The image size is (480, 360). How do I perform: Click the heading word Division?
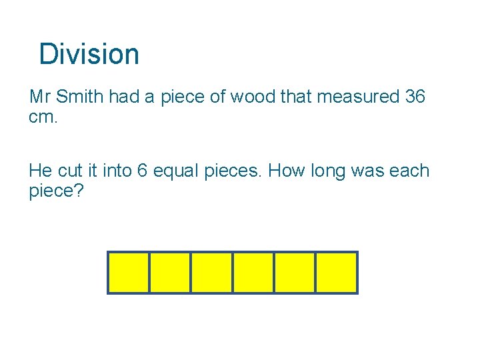coord(89,54)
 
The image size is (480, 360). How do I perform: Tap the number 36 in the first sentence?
coord(415,97)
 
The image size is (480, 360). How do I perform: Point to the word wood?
coord(253,97)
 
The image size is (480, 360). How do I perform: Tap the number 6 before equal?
coord(142,171)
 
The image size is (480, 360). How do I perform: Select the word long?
coord(331,171)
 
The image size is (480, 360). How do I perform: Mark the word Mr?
coord(40,97)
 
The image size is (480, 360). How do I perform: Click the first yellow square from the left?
coord(129,273)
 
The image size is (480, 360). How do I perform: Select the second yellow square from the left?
coord(170,273)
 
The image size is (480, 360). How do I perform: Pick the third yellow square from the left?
coord(212,273)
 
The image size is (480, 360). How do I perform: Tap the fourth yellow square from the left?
coord(253,273)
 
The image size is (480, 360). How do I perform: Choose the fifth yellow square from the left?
coord(295,273)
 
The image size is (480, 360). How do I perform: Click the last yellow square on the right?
coord(337,273)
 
